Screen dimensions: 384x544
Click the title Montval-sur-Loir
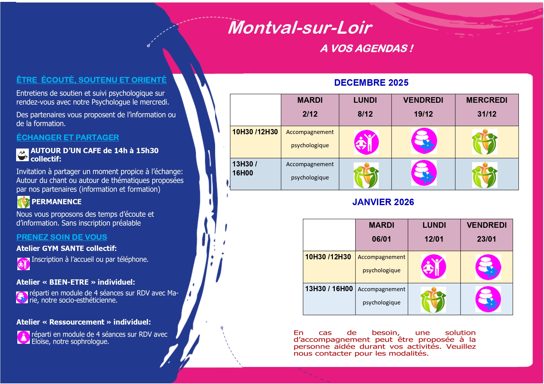pos(300,28)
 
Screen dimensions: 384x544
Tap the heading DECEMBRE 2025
pos(371,83)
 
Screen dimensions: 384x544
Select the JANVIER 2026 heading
pos(383,202)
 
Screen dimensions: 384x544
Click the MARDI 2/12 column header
pos(310,107)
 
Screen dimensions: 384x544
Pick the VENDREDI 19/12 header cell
pos(423,107)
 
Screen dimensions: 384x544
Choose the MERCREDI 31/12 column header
pos(487,107)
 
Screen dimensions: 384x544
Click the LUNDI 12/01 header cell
pos(434,232)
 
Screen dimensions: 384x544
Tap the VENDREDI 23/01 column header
pos(487,232)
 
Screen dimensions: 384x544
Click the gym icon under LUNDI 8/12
pos(366,142)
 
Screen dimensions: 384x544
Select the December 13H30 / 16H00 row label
pos(245,169)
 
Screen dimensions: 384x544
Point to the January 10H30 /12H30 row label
pos(328,257)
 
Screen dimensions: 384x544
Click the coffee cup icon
pos(22,155)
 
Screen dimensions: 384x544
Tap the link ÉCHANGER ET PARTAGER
pos(68,137)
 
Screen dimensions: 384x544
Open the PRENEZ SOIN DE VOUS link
pos(62,237)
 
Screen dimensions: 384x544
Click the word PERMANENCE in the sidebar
pos(56,202)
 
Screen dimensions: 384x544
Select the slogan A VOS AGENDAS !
pos(367,49)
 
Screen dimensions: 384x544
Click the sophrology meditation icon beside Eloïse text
pos(24,337)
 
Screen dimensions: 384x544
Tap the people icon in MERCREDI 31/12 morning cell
pos(484,142)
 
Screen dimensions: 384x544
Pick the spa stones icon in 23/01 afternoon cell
pos(488,299)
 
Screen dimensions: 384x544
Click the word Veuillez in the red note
pos(461,347)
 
